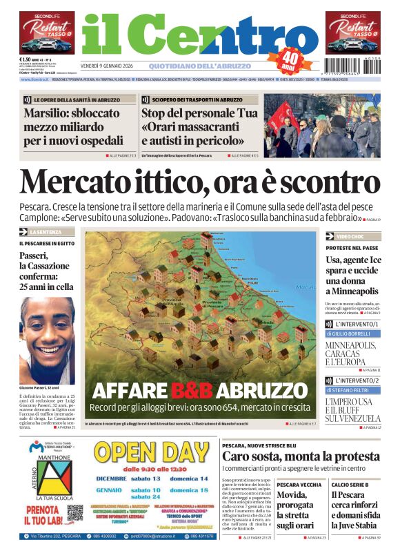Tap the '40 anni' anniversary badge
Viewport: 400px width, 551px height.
pyautogui.click(x=292, y=58)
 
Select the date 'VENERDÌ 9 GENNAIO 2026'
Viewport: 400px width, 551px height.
pyautogui.click(x=113, y=66)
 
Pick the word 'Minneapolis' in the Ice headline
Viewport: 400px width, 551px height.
pyautogui.click(x=352, y=291)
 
